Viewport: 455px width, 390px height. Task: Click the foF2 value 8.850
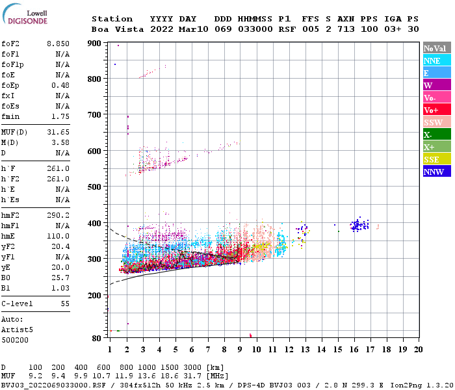point(58,43)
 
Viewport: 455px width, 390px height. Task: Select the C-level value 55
point(65,304)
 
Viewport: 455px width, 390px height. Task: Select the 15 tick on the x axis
point(337,349)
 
